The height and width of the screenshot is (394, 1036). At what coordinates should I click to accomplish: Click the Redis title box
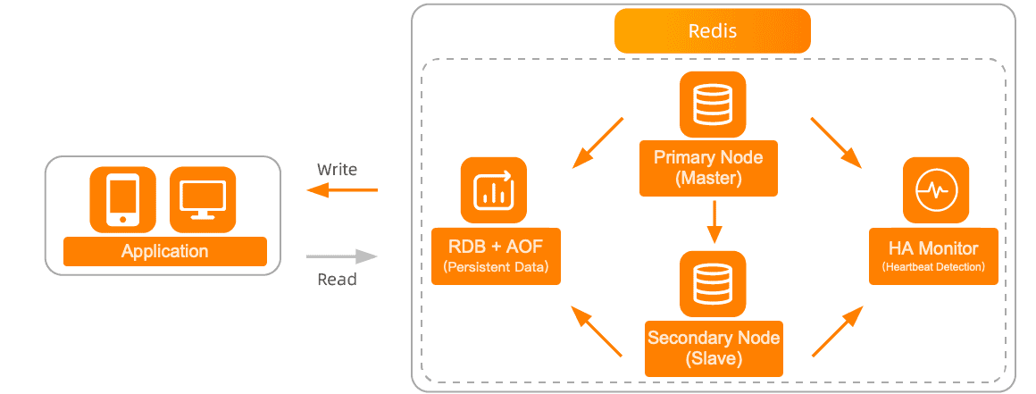712,31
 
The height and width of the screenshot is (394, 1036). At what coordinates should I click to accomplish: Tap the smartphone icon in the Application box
122,198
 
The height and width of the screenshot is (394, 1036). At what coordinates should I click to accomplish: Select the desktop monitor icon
203,198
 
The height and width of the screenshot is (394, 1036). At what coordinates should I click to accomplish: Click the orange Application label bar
165,251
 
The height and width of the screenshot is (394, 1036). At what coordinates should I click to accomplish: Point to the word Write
337,169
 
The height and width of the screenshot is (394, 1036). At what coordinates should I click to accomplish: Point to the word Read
337,280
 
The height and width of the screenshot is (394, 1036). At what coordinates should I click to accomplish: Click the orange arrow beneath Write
342,189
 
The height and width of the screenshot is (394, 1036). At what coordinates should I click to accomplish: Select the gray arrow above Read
342,256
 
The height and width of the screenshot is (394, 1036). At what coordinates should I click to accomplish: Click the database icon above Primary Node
712,104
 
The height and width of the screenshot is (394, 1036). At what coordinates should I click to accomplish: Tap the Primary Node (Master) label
708,167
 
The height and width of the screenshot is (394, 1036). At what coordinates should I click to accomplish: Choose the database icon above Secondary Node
712,283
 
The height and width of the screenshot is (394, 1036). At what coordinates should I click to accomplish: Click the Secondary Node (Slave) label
714,348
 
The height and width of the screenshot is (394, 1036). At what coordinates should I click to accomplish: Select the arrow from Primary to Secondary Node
714,222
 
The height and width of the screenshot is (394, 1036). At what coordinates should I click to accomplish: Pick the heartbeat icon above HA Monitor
935,190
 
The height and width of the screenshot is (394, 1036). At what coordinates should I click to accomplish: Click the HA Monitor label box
933,256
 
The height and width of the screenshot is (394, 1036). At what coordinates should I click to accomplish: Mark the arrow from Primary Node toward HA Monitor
835,142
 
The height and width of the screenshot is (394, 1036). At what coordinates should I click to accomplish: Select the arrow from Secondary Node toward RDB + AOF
597,331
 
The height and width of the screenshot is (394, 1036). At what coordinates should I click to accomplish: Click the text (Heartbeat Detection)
933,267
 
